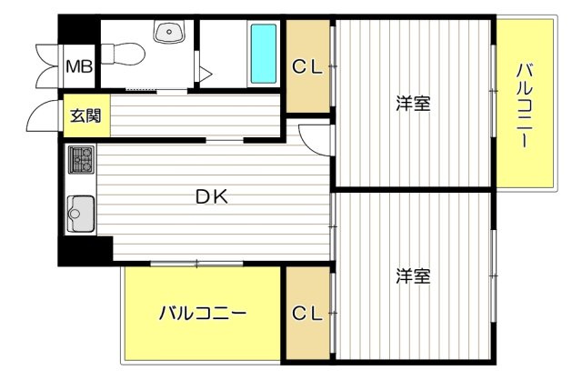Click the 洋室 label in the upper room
click(x=412, y=103)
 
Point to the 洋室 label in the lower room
click(x=412, y=274)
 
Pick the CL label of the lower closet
click(x=306, y=314)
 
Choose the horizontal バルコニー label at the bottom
click(x=202, y=315)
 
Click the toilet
click(x=119, y=55)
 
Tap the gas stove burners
click(x=81, y=160)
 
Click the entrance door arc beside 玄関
click(x=40, y=118)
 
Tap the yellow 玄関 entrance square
click(x=87, y=115)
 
